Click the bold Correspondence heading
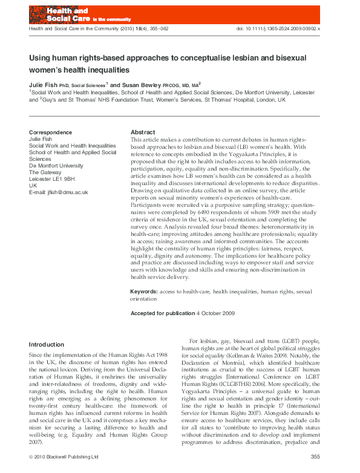tap(50, 132)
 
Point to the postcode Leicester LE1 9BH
tap(52, 178)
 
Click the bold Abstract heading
tap(143, 132)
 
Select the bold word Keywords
tap(144, 292)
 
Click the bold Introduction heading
tap(47, 344)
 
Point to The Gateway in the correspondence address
tap(46, 172)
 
